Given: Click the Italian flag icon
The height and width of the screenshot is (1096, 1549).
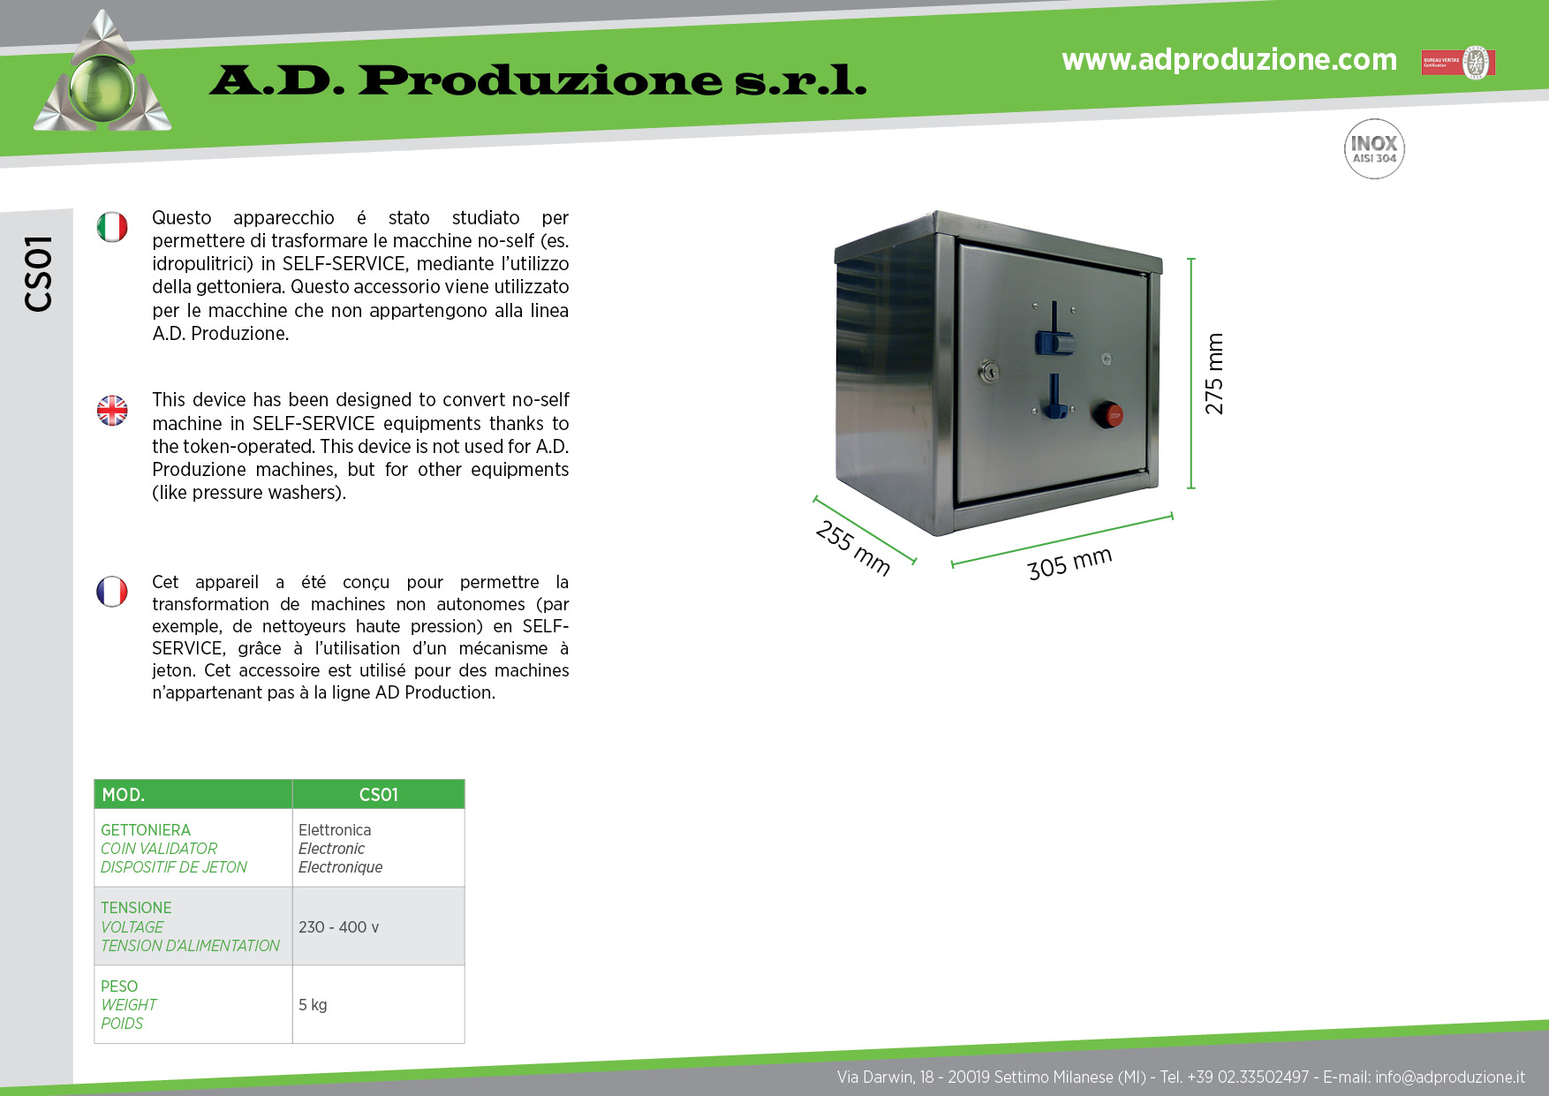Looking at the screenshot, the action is tap(112, 227).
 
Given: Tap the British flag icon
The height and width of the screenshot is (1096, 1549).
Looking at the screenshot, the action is tap(112, 410).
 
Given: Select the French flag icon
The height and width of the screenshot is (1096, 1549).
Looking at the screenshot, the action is tap(112, 592).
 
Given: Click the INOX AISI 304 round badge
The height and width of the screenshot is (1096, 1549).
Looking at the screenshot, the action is tap(1374, 149).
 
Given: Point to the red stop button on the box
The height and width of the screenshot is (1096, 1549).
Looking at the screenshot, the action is tap(1107, 414).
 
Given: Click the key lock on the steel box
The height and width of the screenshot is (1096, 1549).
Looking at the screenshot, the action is tap(988, 372).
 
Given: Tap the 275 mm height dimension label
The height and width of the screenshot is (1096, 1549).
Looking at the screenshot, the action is tap(1214, 374).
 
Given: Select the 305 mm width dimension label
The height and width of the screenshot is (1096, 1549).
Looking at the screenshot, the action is tap(1069, 563).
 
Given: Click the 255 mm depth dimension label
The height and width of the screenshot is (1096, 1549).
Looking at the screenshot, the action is tap(853, 548).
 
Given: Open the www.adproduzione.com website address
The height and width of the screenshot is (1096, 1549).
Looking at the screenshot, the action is tap(1229, 59).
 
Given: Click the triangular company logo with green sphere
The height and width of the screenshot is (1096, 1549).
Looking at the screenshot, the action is tap(102, 72).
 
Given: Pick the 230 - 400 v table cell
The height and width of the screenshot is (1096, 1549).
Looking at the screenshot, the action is tap(379, 926).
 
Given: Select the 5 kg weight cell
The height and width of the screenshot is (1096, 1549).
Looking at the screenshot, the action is tap(379, 1004).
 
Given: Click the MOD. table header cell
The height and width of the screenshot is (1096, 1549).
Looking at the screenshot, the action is tap(193, 794).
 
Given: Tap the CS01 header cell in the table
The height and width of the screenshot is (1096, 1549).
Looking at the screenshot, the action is tap(379, 794).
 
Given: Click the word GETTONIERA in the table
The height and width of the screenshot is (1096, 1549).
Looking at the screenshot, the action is tap(146, 830).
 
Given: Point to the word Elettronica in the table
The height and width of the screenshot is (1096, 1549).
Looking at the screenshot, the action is tap(335, 830).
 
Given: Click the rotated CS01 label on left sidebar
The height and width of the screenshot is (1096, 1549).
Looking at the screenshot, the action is tap(39, 274).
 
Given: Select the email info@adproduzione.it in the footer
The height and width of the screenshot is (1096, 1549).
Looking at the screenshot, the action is tap(1450, 1077).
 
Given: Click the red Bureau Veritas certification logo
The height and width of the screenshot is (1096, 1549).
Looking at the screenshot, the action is tap(1457, 63).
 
